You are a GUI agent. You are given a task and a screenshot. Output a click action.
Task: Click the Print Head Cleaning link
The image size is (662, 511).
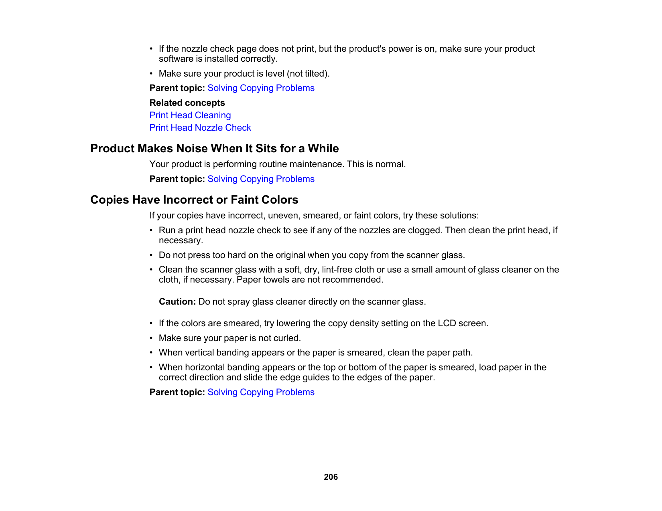[190, 115]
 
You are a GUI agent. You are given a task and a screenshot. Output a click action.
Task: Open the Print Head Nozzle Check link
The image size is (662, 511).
[200, 128]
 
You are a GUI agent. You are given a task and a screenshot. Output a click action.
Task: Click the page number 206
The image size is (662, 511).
[331, 477]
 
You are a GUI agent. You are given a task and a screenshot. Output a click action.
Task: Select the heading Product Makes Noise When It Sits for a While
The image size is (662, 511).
[214, 149]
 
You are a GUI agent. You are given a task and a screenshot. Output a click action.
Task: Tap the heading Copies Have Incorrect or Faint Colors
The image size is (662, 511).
[194, 200]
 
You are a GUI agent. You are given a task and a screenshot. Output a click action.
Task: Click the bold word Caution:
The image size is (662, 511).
[177, 302]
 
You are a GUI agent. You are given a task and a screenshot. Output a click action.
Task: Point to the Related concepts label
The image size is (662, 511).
[187, 103]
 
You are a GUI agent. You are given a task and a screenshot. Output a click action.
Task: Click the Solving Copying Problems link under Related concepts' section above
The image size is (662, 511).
[261, 88]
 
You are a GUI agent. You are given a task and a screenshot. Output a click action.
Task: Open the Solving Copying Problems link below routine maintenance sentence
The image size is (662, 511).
[261, 179]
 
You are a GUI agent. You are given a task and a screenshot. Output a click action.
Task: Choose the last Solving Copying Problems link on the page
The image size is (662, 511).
[261, 392]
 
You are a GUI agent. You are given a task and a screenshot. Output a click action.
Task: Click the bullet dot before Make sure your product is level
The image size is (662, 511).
[151, 74]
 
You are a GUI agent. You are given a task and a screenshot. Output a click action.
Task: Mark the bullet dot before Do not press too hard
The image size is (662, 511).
[151, 255]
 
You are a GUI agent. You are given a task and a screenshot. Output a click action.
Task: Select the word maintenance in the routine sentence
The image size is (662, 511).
[317, 164]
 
